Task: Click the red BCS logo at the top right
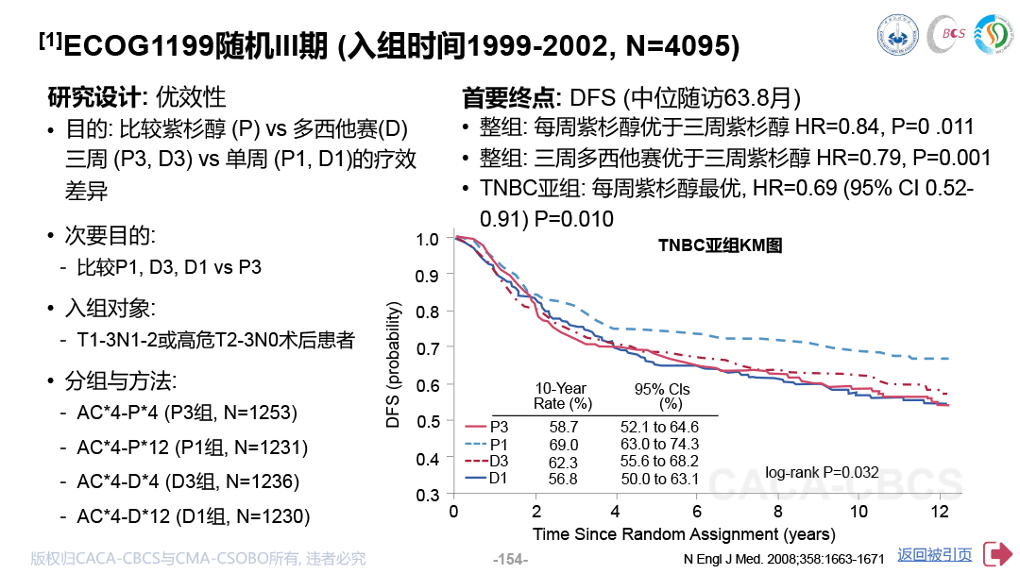point(947,33)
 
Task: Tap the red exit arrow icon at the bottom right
point(998,554)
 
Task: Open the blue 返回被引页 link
point(935,554)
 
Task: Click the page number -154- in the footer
point(511,559)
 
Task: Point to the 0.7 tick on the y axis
point(428,348)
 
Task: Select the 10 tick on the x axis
point(858,512)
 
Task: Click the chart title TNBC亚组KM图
point(720,245)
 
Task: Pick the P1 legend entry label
point(499,445)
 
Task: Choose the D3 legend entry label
point(499,462)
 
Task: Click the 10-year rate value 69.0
point(563,445)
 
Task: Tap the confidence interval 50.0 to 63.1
point(659,479)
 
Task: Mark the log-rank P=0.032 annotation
point(822,472)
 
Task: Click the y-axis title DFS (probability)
point(392,364)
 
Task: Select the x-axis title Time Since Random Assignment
point(655,534)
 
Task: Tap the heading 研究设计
point(93,97)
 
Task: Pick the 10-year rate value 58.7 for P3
point(563,427)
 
